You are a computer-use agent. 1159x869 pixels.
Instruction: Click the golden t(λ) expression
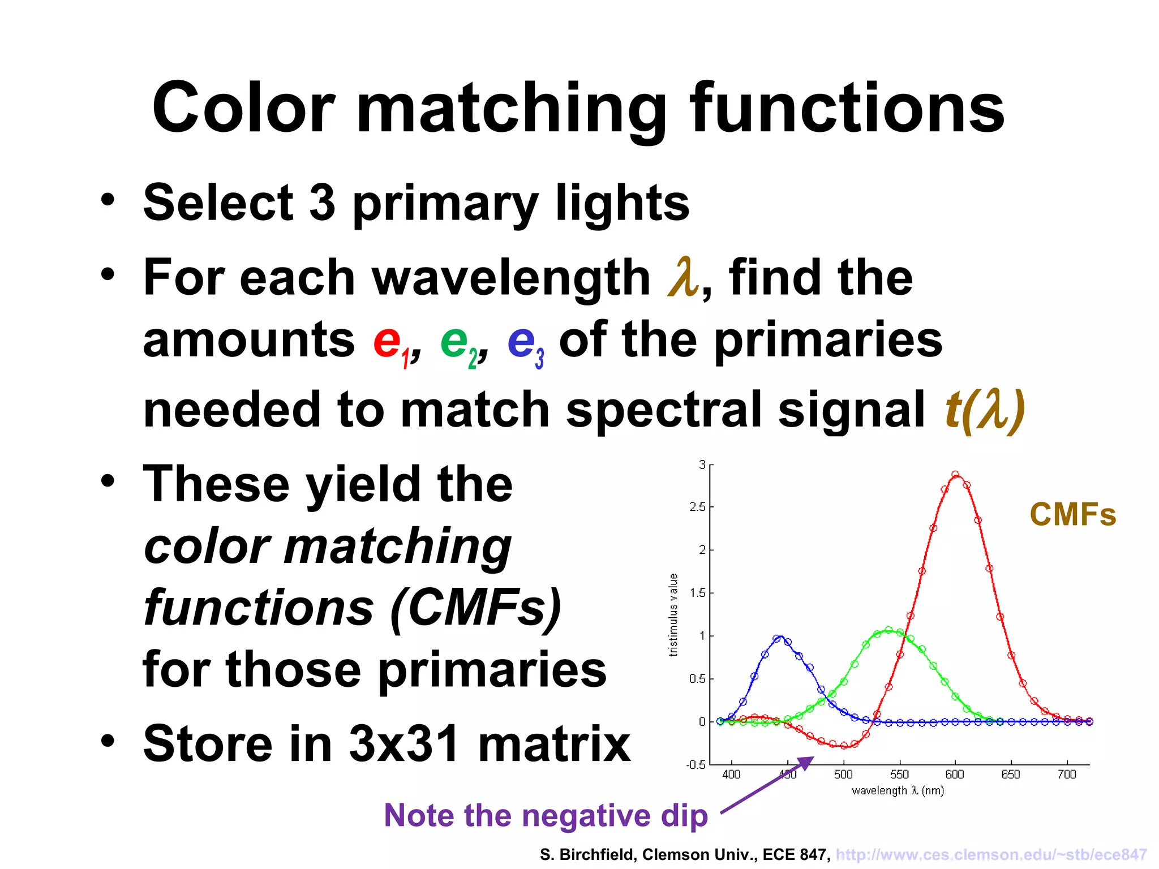click(x=985, y=410)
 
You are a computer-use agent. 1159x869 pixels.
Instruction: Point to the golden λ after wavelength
click(x=682, y=277)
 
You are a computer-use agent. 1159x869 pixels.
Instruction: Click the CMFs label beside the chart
click(x=1072, y=515)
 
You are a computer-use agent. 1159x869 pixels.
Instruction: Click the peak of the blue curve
click(x=780, y=638)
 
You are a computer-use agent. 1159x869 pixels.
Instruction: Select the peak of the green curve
click(x=888, y=630)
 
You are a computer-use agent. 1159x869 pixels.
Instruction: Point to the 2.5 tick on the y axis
click(x=698, y=507)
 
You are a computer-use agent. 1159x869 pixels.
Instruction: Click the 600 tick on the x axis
click(x=955, y=774)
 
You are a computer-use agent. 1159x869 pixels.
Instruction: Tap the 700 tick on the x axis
click(x=1067, y=774)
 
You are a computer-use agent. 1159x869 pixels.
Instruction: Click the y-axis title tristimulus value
click(x=673, y=614)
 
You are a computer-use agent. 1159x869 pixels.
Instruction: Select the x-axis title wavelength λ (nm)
click(x=898, y=791)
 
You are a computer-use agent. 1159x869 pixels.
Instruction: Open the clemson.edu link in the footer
click(x=991, y=854)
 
